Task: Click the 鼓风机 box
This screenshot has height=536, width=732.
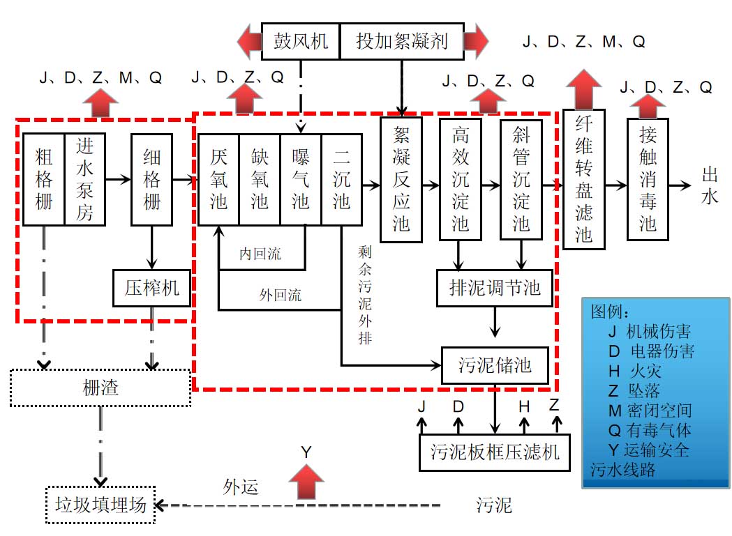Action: point(300,41)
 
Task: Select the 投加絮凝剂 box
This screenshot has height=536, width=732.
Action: point(402,41)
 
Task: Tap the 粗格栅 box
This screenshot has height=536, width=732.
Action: point(43,179)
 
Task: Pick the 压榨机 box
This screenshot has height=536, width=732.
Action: point(151,286)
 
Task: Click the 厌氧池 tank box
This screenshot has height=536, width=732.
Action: point(218,179)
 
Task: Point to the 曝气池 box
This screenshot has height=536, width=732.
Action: point(301,179)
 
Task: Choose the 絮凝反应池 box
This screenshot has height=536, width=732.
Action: point(401,179)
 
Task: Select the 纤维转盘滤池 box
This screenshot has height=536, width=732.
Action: point(583,179)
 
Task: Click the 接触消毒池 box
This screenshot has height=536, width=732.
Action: point(648,179)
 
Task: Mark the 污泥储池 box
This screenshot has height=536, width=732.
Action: point(495,364)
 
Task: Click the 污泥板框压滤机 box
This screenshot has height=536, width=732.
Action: point(494,452)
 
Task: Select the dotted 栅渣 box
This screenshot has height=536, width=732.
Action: point(100,388)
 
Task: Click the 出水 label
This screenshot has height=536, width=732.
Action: point(710,186)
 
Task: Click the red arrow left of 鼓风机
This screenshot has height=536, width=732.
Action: point(248,41)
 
